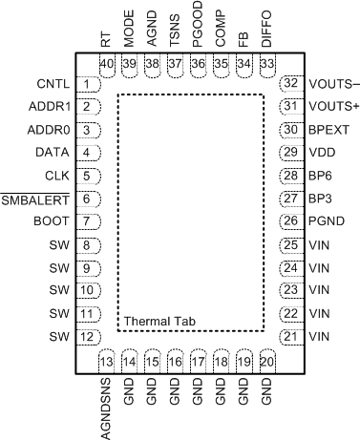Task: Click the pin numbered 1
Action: [88, 84]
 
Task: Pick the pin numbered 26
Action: [289, 221]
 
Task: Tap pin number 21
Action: [289, 336]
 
